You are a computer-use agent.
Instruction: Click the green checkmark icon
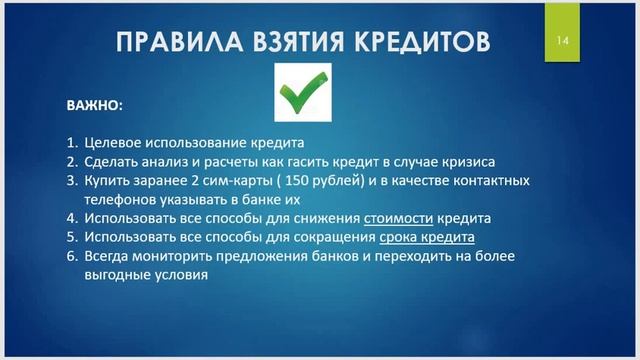pyautogui.click(x=303, y=92)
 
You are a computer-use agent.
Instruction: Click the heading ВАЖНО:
pyautogui.click(x=95, y=103)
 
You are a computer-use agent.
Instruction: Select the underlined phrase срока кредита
pyautogui.click(x=427, y=237)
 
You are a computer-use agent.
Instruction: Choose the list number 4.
pyautogui.click(x=72, y=217)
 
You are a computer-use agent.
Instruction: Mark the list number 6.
pyautogui.click(x=72, y=256)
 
